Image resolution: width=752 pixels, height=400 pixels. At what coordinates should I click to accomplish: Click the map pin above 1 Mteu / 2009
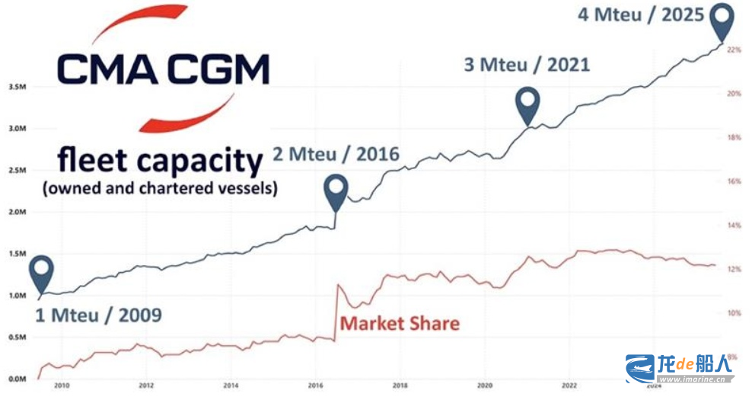coord(43,270)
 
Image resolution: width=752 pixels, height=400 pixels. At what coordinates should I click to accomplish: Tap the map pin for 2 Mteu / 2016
coord(336,190)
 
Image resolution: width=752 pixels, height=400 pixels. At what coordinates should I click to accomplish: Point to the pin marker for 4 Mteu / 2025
coord(722,18)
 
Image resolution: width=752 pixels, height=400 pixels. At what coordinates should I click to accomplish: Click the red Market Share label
coord(400,323)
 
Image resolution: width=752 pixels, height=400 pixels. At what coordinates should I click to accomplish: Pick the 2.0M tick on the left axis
coord(17,212)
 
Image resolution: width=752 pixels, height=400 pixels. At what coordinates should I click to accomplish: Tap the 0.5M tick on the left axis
coord(17,337)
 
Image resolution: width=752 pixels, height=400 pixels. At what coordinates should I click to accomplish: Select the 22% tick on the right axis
coord(734,50)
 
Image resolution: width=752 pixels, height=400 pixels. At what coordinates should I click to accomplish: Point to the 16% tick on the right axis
coord(734,181)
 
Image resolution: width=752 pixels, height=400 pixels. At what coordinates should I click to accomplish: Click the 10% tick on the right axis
coord(734,313)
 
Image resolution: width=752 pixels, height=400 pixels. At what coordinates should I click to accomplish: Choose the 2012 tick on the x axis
coord(146,386)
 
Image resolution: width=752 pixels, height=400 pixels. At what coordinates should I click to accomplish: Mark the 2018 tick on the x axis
coord(400,386)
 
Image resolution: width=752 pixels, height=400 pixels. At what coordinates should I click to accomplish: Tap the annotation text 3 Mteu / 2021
coord(527,64)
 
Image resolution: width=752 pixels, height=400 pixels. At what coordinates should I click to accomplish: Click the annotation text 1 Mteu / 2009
coord(99,314)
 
